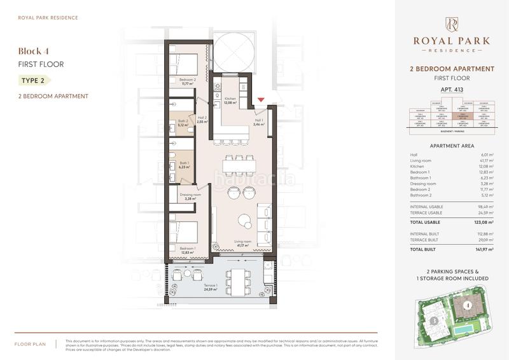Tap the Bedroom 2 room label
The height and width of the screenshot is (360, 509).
click(187, 81)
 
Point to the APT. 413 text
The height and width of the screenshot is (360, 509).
click(451, 90)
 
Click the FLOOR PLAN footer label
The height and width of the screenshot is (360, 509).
click(29, 344)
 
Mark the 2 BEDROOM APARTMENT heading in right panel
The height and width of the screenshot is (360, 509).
click(451, 68)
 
